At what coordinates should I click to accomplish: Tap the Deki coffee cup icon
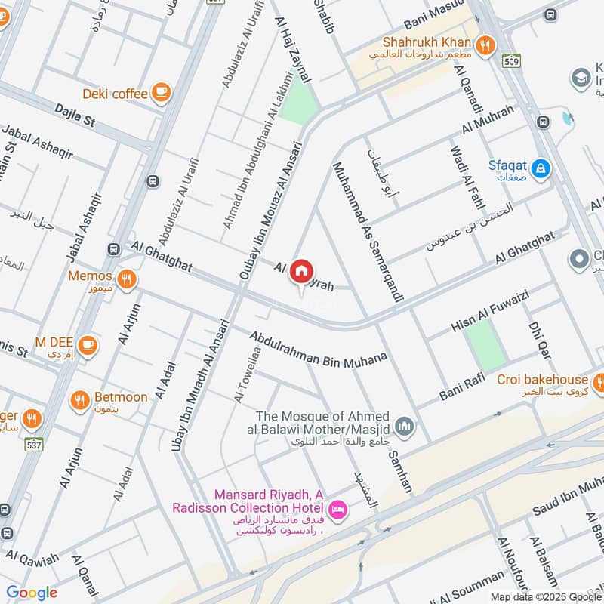coord(160,93)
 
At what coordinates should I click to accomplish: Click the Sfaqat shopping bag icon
coord(541,169)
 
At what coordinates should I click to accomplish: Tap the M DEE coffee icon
coord(88,344)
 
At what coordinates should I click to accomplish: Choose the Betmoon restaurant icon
coord(80,400)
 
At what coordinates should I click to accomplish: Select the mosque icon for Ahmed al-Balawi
coord(405,427)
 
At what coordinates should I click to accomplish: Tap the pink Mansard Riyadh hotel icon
coord(339,510)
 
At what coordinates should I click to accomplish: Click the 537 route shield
coord(33,444)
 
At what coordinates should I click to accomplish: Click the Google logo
coord(31,593)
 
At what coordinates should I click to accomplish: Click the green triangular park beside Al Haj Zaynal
coord(299,102)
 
